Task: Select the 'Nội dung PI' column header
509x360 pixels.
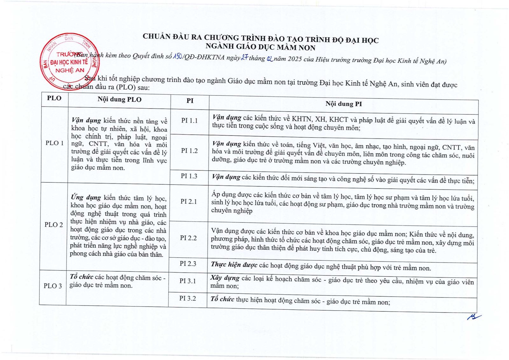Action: click(344, 104)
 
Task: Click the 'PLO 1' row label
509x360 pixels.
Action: click(54, 143)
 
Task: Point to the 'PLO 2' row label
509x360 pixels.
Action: click(53, 224)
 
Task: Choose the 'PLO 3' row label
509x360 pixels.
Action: click(53, 286)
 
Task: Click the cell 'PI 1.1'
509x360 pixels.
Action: click(190, 120)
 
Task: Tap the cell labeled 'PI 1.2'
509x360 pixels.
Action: click(189, 151)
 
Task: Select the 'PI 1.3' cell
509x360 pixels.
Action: click(189, 176)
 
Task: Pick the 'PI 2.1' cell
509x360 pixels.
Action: click(189, 201)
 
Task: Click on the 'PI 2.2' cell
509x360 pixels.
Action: click(188, 238)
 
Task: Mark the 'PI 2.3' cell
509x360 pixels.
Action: click(188, 264)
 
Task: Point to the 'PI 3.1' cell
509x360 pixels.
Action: click(188, 281)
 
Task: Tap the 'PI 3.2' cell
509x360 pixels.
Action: click(187, 298)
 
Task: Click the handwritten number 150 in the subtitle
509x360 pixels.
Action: click(177, 57)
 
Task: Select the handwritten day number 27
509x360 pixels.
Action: click(244, 58)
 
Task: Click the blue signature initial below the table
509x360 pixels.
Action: click(474, 316)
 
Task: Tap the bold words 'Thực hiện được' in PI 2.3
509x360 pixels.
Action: click(234, 265)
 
